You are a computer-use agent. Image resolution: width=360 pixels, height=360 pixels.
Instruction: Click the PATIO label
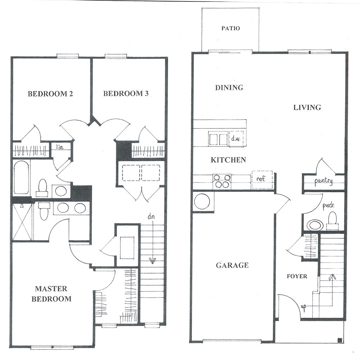pyautogui.click(x=230, y=28)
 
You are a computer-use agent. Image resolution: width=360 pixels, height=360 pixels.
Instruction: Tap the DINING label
pyautogui.click(x=229, y=87)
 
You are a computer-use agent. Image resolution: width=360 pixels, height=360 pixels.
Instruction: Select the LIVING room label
pyautogui.click(x=307, y=107)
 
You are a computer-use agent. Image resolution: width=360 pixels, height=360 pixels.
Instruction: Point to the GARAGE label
pyautogui.click(x=232, y=265)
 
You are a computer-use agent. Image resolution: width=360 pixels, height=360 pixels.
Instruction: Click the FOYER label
pyautogui.click(x=297, y=276)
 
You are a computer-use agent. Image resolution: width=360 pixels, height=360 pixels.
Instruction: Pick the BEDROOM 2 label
pyautogui.click(x=50, y=94)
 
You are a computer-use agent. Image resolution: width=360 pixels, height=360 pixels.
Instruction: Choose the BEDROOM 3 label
pyautogui.click(x=126, y=94)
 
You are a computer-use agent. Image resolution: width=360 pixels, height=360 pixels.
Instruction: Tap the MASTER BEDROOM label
pyautogui.click(x=51, y=294)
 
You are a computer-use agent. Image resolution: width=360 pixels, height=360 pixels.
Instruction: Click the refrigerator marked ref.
pyautogui.click(x=262, y=180)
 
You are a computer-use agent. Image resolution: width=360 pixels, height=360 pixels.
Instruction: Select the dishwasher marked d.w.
pyautogui.click(x=236, y=139)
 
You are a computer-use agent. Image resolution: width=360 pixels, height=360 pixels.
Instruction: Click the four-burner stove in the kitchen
pyautogui.click(x=222, y=181)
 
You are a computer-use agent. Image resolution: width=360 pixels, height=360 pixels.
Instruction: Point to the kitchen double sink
pyautogui.click(x=218, y=139)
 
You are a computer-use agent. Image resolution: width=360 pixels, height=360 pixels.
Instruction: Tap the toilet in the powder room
pyautogui.click(x=332, y=221)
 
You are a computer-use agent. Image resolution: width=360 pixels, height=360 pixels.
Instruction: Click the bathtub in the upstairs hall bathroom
pyautogui.click(x=22, y=177)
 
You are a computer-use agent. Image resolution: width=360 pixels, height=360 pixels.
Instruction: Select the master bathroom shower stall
pyautogui.click(x=22, y=222)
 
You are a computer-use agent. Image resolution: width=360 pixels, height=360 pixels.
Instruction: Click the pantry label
pyautogui.click(x=323, y=181)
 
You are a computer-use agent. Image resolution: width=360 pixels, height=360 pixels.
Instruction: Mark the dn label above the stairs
pyautogui.click(x=151, y=216)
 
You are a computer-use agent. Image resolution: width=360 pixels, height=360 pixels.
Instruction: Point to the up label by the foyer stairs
pyautogui.click(x=303, y=307)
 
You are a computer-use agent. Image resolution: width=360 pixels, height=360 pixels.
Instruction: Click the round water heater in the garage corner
pyautogui.click(x=202, y=201)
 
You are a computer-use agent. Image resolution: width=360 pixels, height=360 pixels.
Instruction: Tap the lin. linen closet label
pyautogui.click(x=60, y=147)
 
